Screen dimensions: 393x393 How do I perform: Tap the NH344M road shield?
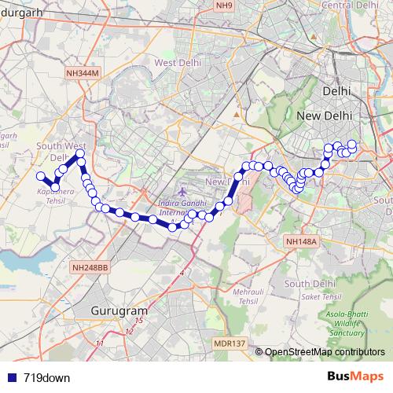[x=83, y=72]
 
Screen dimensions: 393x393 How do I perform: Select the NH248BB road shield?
[x=90, y=268]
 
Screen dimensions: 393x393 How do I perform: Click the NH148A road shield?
[x=302, y=242]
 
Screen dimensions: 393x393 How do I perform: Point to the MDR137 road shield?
[x=230, y=343]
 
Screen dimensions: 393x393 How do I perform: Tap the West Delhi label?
[x=177, y=62]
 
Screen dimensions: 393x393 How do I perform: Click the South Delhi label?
[x=306, y=284]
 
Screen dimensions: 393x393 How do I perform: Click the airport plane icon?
[x=182, y=192]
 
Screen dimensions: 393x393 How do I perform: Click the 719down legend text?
[x=46, y=378]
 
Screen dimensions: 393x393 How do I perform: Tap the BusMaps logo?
[x=355, y=377]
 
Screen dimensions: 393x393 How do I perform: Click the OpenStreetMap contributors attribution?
[x=325, y=351]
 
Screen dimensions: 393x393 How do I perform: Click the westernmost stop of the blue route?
[x=41, y=175]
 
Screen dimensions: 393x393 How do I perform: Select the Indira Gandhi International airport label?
[x=182, y=206]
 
